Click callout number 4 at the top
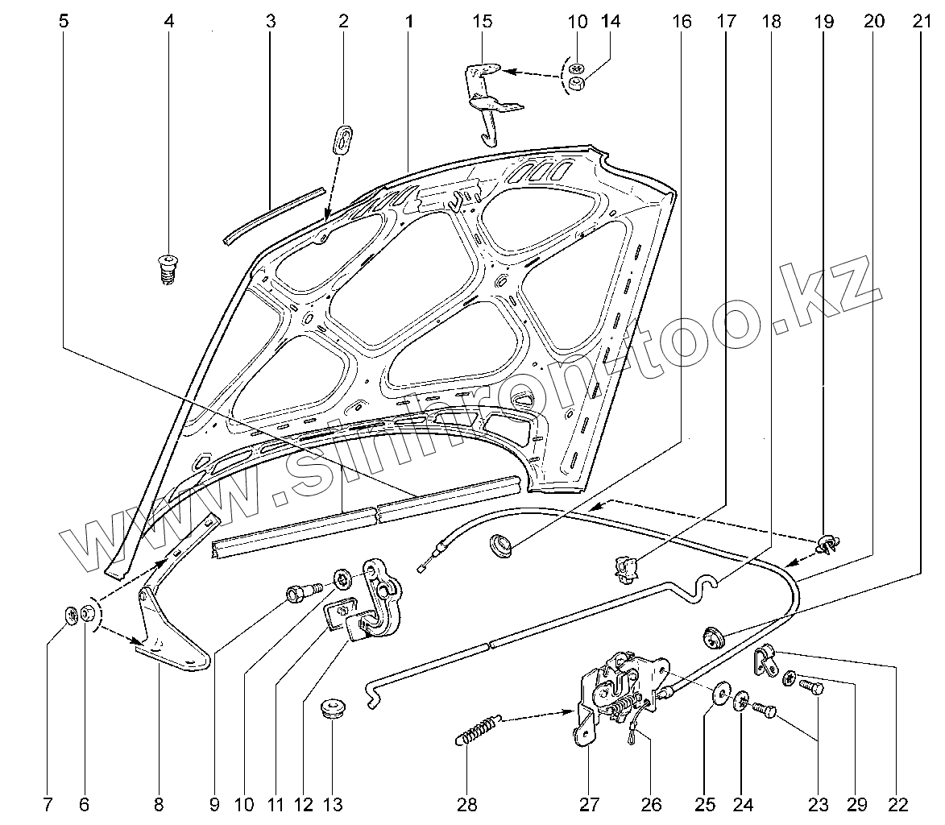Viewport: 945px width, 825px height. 168,22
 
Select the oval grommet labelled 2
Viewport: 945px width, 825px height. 344,138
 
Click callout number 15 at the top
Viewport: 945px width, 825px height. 482,22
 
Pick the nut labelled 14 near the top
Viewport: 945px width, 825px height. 576,84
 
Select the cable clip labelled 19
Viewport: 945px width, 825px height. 827,545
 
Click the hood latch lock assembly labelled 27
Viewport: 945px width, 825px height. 620,689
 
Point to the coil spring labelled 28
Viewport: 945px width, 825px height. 479,729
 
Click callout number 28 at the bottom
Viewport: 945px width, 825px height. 467,803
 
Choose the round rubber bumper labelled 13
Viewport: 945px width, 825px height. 332,710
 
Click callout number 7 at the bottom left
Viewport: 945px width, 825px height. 48,803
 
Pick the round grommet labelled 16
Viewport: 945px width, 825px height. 504,545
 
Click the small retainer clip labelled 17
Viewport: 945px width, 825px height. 626,566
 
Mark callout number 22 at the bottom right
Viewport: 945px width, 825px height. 897,803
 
